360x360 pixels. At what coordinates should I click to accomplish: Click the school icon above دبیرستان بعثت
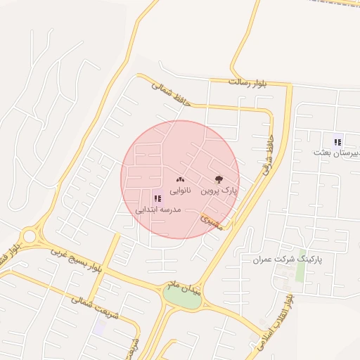(x=337, y=142)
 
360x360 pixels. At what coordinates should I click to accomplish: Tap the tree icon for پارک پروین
(x=218, y=179)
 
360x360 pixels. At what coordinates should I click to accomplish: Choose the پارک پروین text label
(x=219, y=191)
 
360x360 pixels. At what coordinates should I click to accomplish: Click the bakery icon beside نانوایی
(x=179, y=179)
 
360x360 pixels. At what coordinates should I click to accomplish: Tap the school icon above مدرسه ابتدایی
(x=156, y=199)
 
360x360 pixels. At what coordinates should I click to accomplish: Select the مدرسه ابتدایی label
(x=158, y=210)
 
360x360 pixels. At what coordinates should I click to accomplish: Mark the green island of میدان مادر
(x=182, y=298)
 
